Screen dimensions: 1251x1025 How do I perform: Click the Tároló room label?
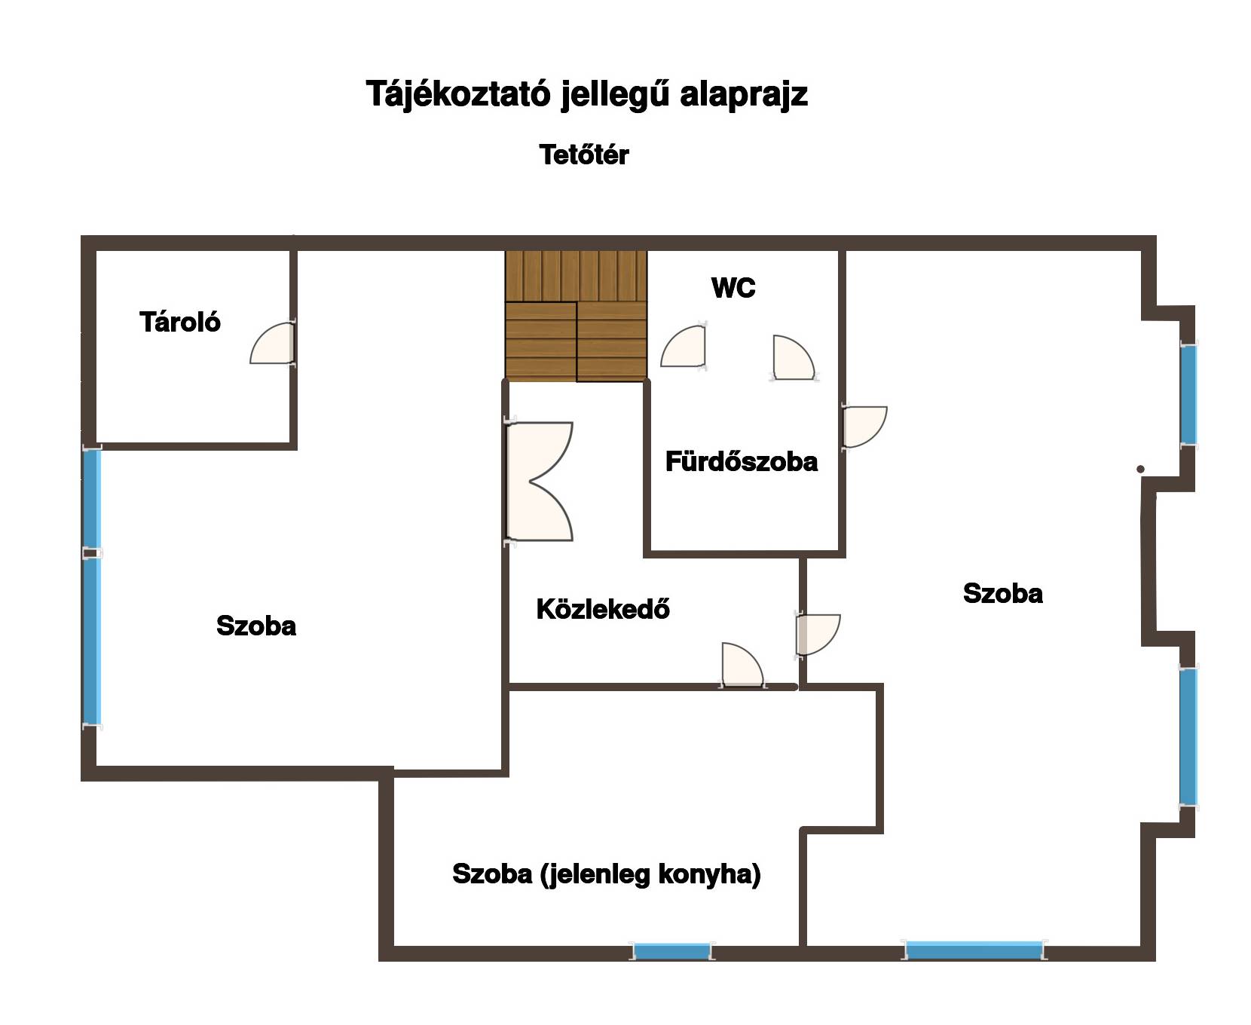(x=180, y=323)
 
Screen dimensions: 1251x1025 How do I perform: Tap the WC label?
(x=733, y=288)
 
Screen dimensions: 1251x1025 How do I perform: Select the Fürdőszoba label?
(x=742, y=461)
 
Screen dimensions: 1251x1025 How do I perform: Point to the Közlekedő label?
(x=603, y=609)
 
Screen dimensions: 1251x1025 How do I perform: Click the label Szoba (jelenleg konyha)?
(x=607, y=874)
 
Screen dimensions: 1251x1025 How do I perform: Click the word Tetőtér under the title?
(x=584, y=155)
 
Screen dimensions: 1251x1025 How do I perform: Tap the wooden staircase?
(x=577, y=316)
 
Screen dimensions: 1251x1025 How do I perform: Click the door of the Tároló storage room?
(x=272, y=343)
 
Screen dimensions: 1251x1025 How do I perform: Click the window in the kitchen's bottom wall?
(x=671, y=951)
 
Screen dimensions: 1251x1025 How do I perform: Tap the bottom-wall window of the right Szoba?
(x=974, y=950)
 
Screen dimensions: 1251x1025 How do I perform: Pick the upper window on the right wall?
(x=1188, y=394)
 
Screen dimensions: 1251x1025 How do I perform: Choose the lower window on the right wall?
(x=1188, y=736)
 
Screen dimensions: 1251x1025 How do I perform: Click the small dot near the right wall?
(x=1141, y=470)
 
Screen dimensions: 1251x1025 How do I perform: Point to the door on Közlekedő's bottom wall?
(x=743, y=665)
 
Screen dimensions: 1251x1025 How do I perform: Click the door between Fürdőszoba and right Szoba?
(x=864, y=427)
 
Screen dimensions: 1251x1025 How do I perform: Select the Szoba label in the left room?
(x=256, y=626)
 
